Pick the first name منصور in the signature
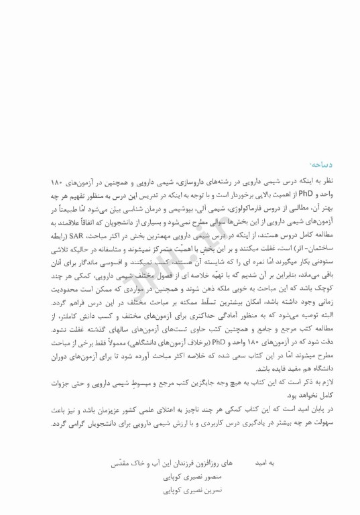pos(200,477)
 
